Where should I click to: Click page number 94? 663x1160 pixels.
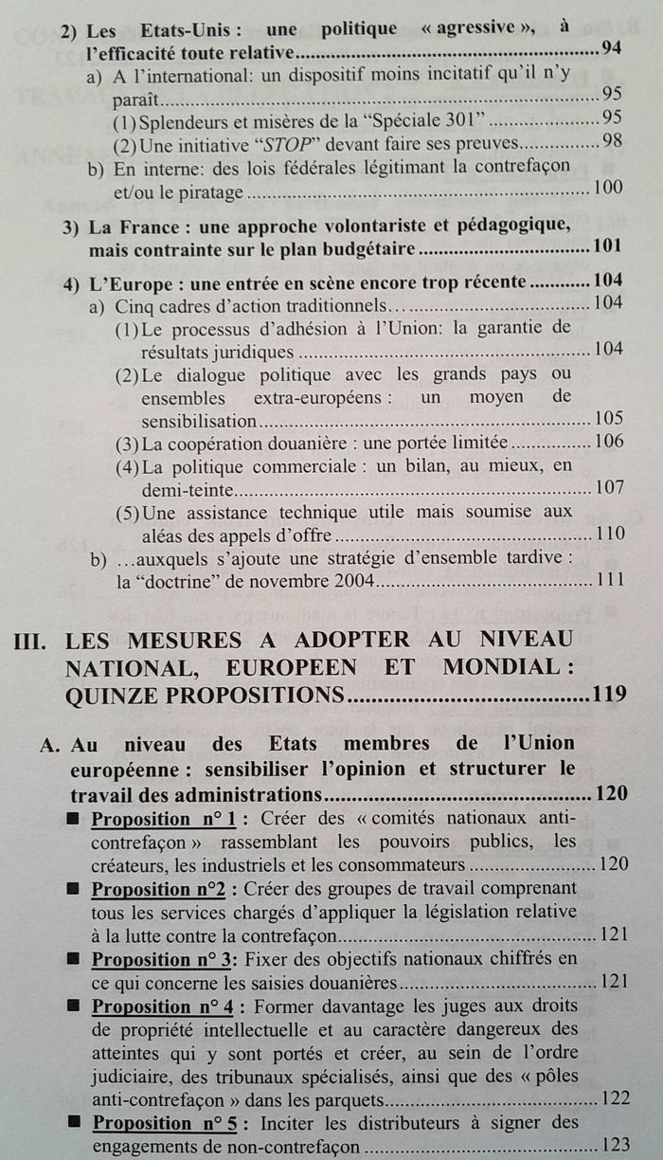pos(611,48)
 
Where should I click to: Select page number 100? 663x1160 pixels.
pos(605,189)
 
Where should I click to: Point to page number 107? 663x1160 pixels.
pos(605,488)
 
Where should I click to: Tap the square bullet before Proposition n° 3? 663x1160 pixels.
pos(74,959)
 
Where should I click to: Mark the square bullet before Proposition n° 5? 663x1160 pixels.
pos(74,1123)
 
